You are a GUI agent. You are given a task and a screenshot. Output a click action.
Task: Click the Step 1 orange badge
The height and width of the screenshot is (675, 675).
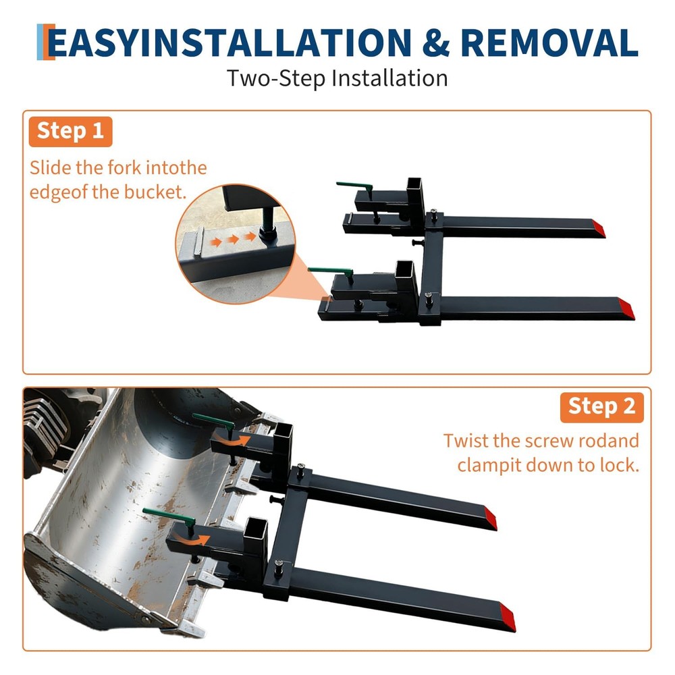coord(70,131)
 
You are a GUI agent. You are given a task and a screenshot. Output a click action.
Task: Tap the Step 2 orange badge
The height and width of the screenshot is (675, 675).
coord(601,406)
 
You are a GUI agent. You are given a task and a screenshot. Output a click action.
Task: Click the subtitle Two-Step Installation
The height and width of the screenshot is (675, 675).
coord(337,78)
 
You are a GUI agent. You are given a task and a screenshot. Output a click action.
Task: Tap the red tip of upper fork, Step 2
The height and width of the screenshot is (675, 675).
coord(490,520)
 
